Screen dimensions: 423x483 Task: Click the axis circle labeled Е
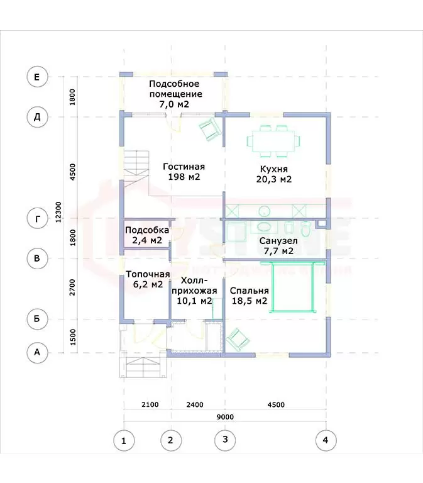coord(37,76)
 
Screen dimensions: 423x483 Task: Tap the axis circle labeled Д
coord(37,117)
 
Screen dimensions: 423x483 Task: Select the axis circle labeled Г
coord(37,219)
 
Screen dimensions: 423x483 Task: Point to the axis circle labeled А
coord(37,352)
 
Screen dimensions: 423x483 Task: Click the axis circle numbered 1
coord(124,441)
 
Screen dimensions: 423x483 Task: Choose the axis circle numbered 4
coord(326,440)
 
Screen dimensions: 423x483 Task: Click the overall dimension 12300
coord(58,212)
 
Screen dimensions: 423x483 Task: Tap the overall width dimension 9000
coord(225,417)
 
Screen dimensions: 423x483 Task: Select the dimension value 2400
coord(195,404)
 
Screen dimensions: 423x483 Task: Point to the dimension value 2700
coord(72,287)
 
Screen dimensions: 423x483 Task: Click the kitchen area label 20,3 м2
coord(273,179)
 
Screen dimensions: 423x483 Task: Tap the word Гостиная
coord(184,167)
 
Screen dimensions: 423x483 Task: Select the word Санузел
coord(278,241)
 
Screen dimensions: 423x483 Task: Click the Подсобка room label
coord(147,235)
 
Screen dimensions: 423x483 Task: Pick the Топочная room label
coord(148,279)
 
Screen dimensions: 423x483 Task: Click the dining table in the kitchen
coord(273,141)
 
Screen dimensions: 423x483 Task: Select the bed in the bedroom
coord(292,287)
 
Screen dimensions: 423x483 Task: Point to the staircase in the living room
coord(136,168)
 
